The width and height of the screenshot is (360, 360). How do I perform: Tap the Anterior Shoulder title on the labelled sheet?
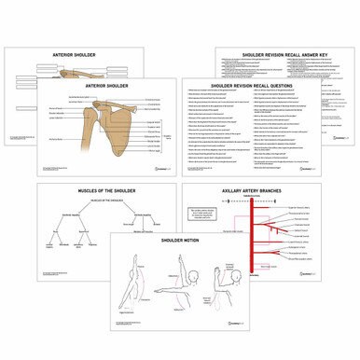pyautogui.click(x=106, y=86)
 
